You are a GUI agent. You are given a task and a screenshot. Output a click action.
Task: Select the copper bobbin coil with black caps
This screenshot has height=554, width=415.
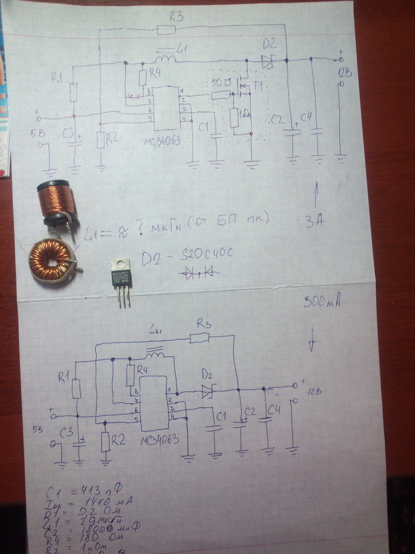56,201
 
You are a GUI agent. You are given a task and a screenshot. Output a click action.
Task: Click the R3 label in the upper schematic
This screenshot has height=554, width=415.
176,16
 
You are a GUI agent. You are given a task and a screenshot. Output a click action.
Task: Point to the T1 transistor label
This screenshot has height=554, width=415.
257,86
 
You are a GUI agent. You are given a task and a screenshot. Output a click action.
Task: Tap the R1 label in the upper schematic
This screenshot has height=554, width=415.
57,78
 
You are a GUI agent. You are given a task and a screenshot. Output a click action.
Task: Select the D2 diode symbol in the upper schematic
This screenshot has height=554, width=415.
267,62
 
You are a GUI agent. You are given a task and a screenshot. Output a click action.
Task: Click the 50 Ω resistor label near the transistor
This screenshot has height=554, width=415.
219,83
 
